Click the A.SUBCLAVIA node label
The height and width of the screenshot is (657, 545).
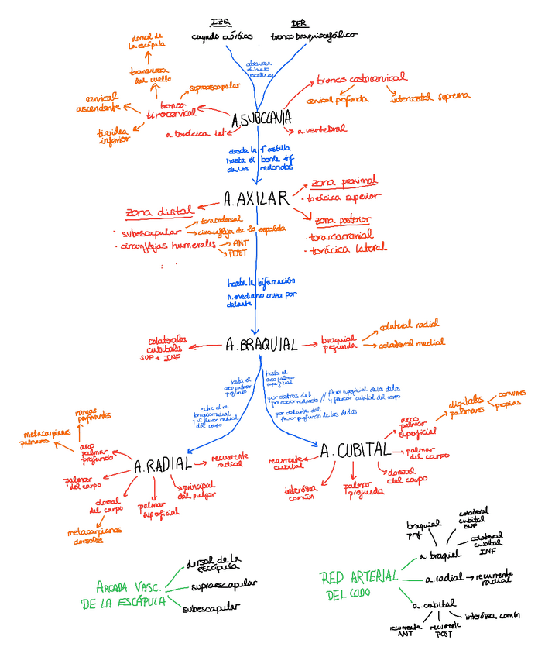262,119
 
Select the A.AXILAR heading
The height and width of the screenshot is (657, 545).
255,198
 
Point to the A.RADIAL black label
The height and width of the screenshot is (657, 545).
163,466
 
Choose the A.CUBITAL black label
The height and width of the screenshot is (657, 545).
354,450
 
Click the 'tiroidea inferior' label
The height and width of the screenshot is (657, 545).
113,136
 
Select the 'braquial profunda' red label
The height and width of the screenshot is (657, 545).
338,342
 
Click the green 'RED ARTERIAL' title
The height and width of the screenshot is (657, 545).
358,576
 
